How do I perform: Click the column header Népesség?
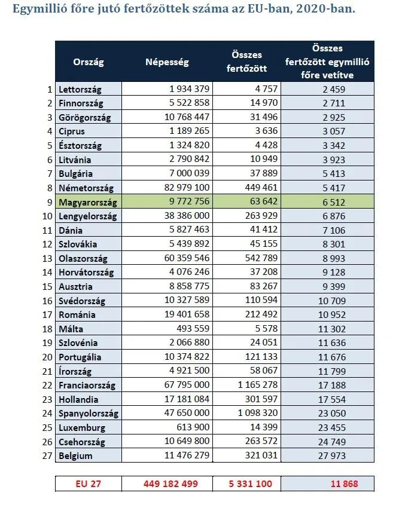coord(167,62)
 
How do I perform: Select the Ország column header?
coord(89,62)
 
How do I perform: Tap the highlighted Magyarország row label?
coord(87,202)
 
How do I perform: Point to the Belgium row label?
coord(75,456)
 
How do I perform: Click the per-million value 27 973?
coord(332,456)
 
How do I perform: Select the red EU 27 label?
coord(88,483)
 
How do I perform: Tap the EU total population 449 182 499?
coord(170,483)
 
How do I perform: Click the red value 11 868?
coord(344,483)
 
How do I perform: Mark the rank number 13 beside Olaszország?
coord(47,259)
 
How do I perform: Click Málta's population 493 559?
coord(193,329)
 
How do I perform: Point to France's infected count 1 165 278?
coord(258,385)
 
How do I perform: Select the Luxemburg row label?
coord(82,428)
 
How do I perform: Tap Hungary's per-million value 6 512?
coord(334,202)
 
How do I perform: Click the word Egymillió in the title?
coord(34,9)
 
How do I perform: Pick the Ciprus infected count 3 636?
coord(266,131)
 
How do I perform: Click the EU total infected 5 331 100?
coord(250,483)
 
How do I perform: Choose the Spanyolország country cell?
coord(88,414)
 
